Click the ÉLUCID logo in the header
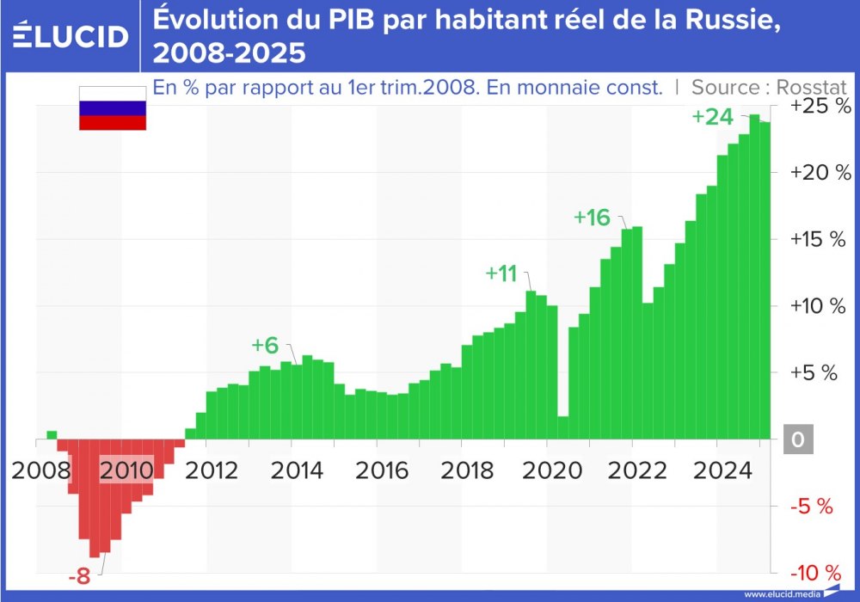click(71, 36)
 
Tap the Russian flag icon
click(112, 108)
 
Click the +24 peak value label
click(712, 118)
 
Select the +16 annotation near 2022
click(592, 218)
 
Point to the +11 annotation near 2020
click(501, 273)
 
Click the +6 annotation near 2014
click(265, 345)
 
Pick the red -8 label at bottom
click(79, 576)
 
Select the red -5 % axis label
click(812, 507)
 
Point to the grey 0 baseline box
click(797, 440)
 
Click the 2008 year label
click(41, 470)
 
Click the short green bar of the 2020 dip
click(562, 427)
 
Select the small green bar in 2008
click(52, 435)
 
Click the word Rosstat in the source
click(811, 87)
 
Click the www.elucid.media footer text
click(781, 593)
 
